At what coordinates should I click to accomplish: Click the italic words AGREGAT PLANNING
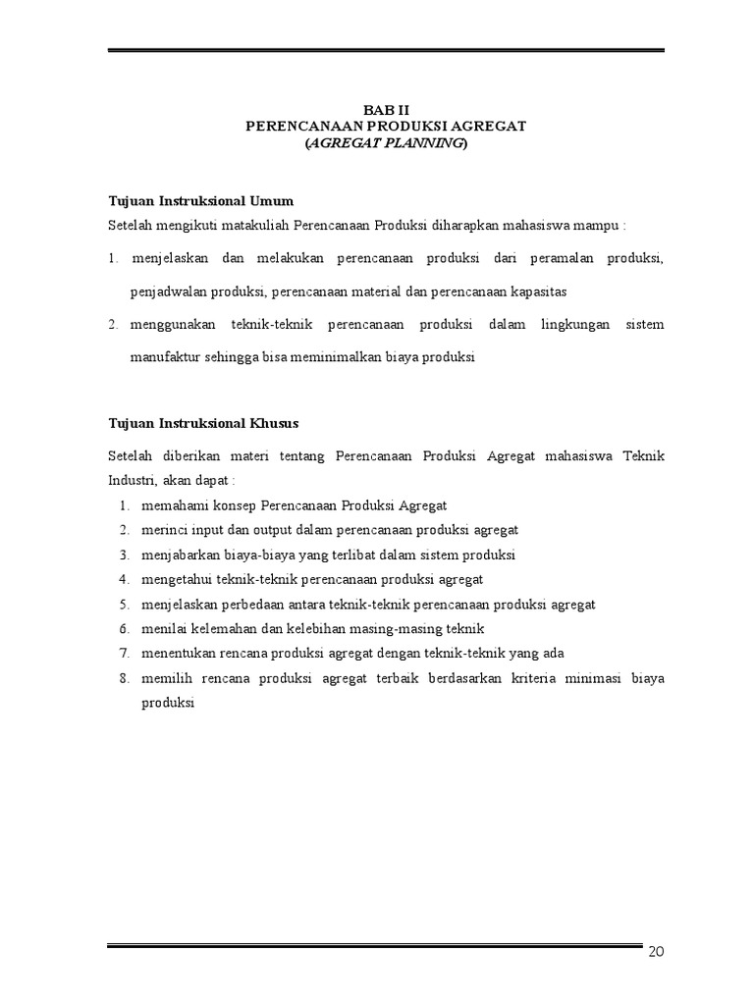pyautogui.click(x=386, y=143)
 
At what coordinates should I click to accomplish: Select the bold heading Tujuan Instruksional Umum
pyautogui.click(x=200, y=201)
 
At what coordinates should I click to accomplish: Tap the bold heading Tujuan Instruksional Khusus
pyautogui.click(x=203, y=423)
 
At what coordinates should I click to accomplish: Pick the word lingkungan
pyautogui.click(x=572, y=325)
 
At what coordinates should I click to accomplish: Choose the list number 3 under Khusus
pyautogui.click(x=125, y=555)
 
